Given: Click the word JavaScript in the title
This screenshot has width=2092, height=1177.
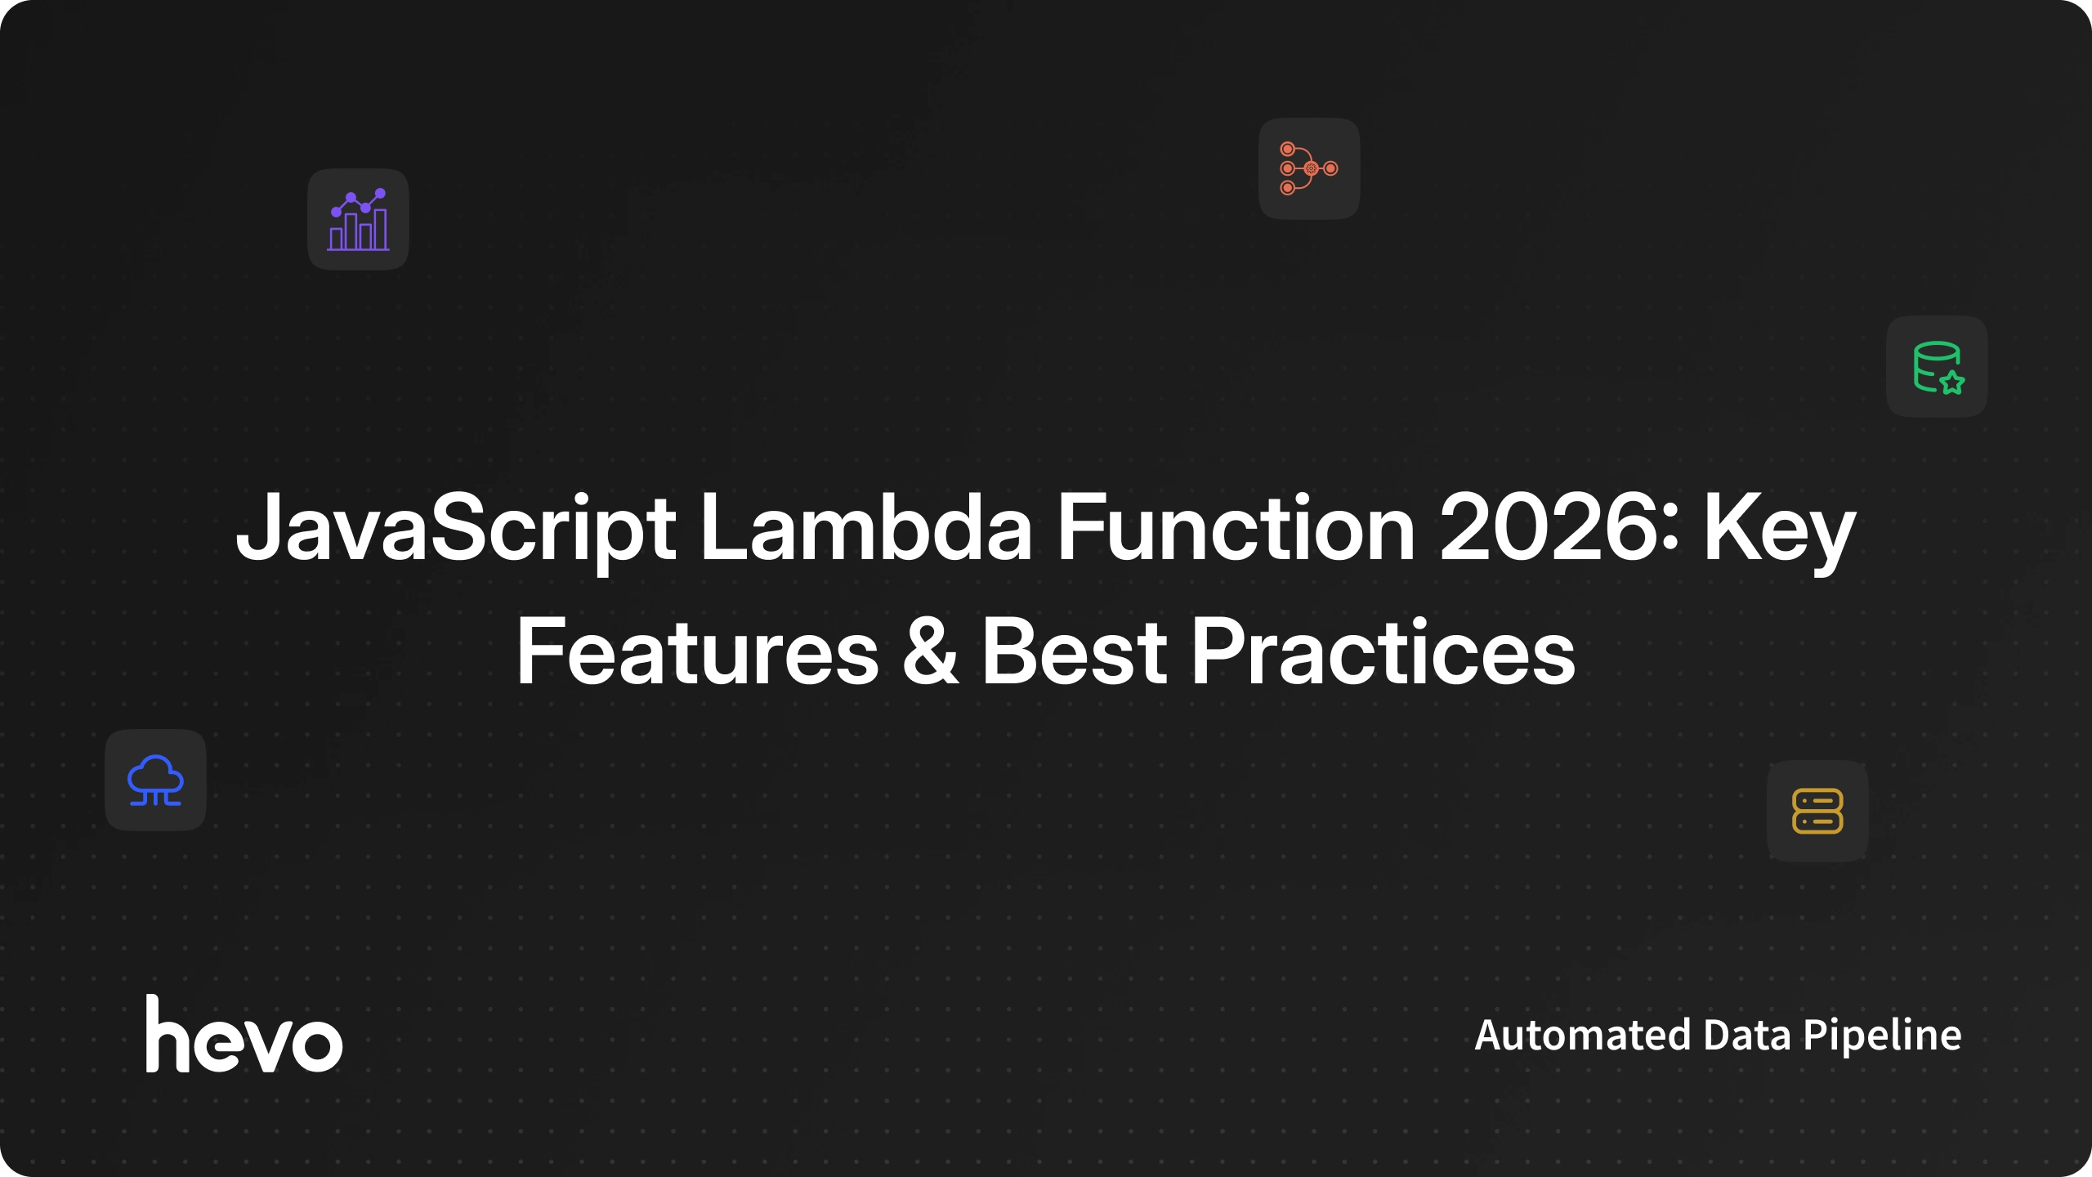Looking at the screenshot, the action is pos(456,530).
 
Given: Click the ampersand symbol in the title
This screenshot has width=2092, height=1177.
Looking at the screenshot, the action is pos(930,651).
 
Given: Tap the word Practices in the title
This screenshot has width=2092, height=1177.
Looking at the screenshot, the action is pos(1383,651).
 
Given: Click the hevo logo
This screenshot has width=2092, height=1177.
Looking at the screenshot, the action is pos(244,1034).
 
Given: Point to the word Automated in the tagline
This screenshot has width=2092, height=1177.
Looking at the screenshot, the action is pos(1582,1035).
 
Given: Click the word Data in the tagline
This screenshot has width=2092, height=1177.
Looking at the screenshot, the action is pos(1747,1035).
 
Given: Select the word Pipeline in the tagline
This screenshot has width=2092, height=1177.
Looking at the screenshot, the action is pos(1882,1036).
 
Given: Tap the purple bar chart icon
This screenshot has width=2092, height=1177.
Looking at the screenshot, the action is pos(358,219).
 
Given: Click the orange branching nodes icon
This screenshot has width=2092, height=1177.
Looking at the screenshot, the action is pos(1308,168).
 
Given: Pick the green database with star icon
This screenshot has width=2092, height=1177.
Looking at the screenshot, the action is pos(1938,367).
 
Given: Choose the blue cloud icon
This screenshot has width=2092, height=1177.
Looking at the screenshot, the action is pos(155,780).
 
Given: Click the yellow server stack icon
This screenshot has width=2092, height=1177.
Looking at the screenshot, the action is pos(1817,811).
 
